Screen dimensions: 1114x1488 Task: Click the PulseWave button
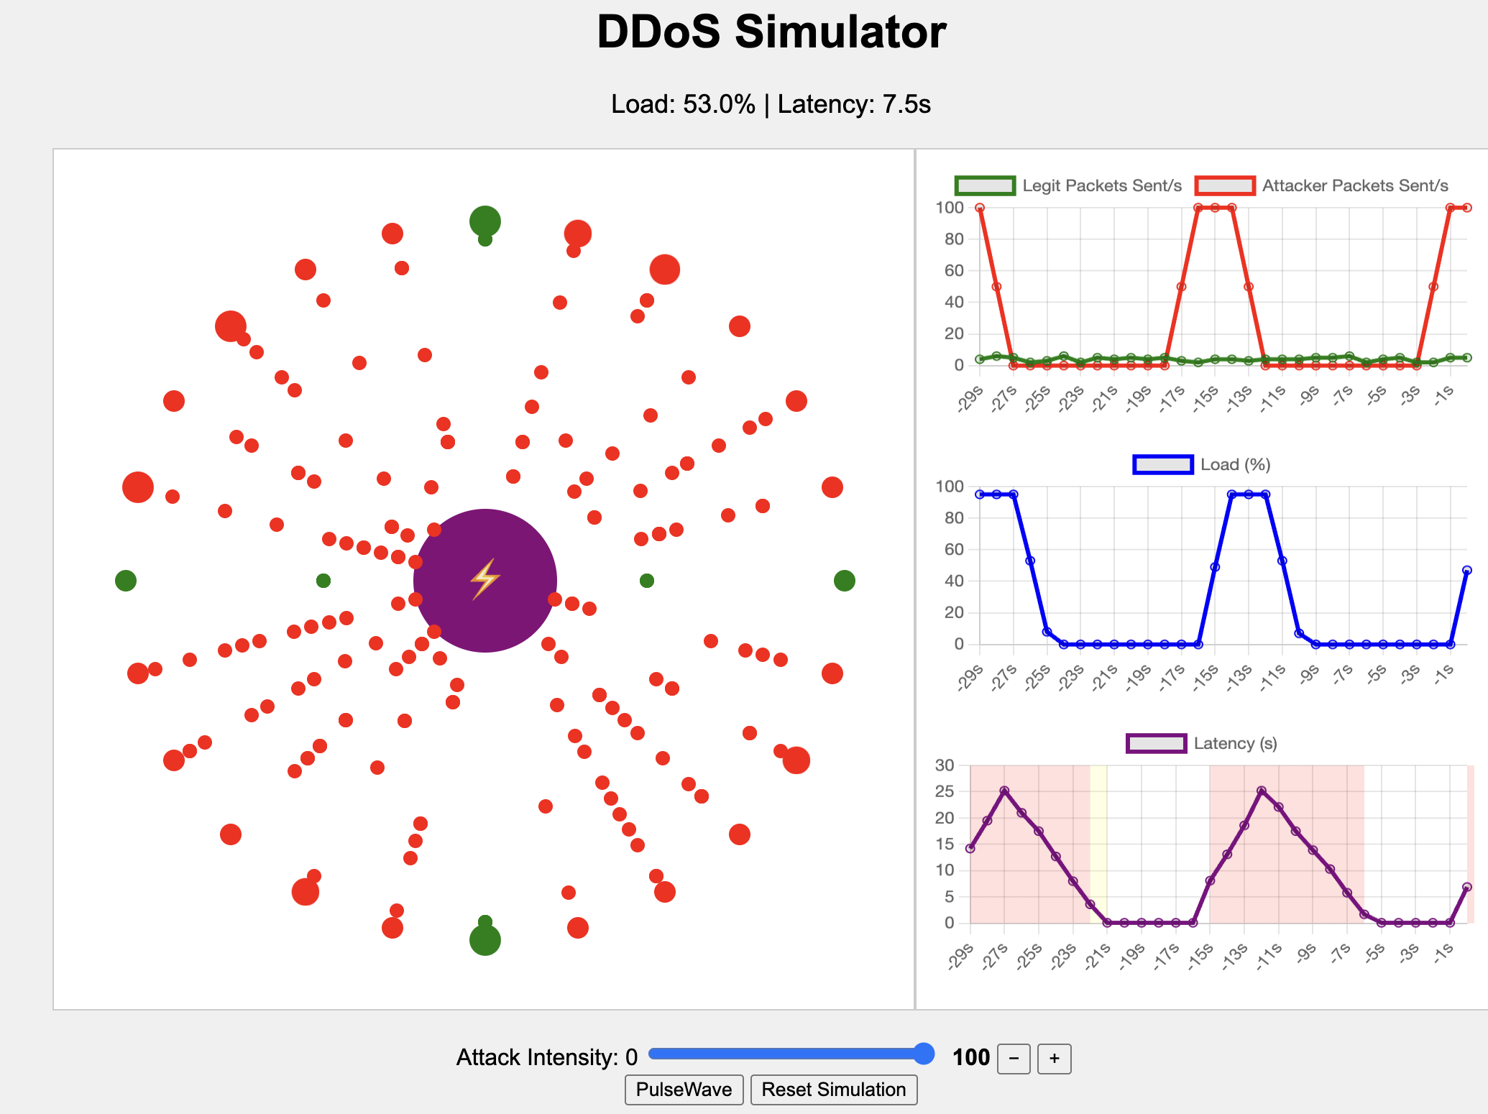pyautogui.click(x=684, y=1090)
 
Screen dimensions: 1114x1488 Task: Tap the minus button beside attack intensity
pyautogui.click(x=1014, y=1059)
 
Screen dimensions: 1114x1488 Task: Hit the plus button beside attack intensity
pyautogui.click(x=1055, y=1059)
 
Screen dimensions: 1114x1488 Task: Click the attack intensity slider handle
pyautogui.click(x=924, y=1054)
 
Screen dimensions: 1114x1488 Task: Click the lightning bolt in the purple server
pyautogui.click(x=485, y=579)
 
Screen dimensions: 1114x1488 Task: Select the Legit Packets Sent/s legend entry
pyautogui.click(x=1068, y=185)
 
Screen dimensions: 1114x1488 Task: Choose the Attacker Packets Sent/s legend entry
pyautogui.click(x=1322, y=185)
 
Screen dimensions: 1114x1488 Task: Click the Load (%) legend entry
pyautogui.click(x=1202, y=464)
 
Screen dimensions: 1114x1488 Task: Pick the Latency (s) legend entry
pyautogui.click(x=1202, y=743)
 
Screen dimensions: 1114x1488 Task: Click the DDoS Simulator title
pyautogui.click(x=771, y=32)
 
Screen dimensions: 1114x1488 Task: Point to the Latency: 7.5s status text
pyautogui.click(x=854, y=104)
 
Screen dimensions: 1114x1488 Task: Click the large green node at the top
pyautogui.click(x=485, y=221)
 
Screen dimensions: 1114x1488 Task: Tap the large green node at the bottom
pyautogui.click(x=485, y=940)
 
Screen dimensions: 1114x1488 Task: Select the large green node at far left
pyautogui.click(x=126, y=581)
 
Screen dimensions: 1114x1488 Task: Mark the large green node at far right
pyautogui.click(x=845, y=581)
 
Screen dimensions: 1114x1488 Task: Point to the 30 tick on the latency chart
pyautogui.click(x=945, y=765)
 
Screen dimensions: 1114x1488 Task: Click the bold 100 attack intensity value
pyautogui.click(x=971, y=1058)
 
